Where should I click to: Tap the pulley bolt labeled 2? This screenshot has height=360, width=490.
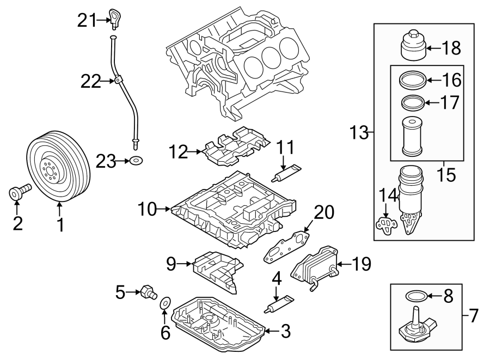click(20, 192)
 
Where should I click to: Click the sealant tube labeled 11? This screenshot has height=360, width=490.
click(285, 174)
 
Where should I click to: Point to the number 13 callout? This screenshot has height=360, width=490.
click(358, 132)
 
